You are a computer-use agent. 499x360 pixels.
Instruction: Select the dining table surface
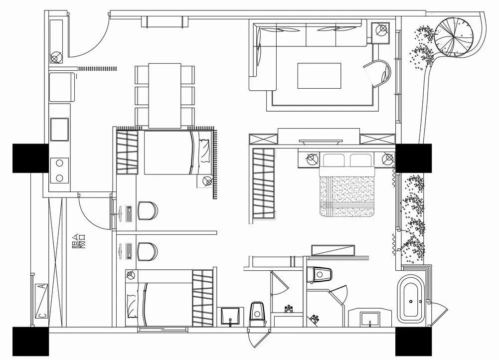click(165, 95)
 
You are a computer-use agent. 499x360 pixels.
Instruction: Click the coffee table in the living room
click(319, 75)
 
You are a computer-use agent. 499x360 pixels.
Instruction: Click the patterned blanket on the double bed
click(347, 196)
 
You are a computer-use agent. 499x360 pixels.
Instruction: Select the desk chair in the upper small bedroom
click(147, 210)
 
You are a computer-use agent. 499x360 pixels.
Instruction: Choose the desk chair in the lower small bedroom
click(147, 251)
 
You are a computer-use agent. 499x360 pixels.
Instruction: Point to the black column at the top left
click(30, 158)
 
